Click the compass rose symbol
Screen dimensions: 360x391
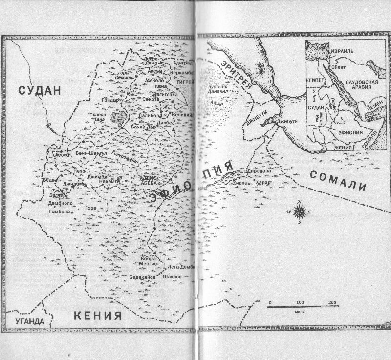point(300,211)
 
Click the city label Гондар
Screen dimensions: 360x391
point(110,99)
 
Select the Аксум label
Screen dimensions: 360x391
point(155,71)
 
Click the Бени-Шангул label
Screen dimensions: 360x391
point(91,153)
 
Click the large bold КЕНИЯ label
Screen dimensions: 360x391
point(97,316)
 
